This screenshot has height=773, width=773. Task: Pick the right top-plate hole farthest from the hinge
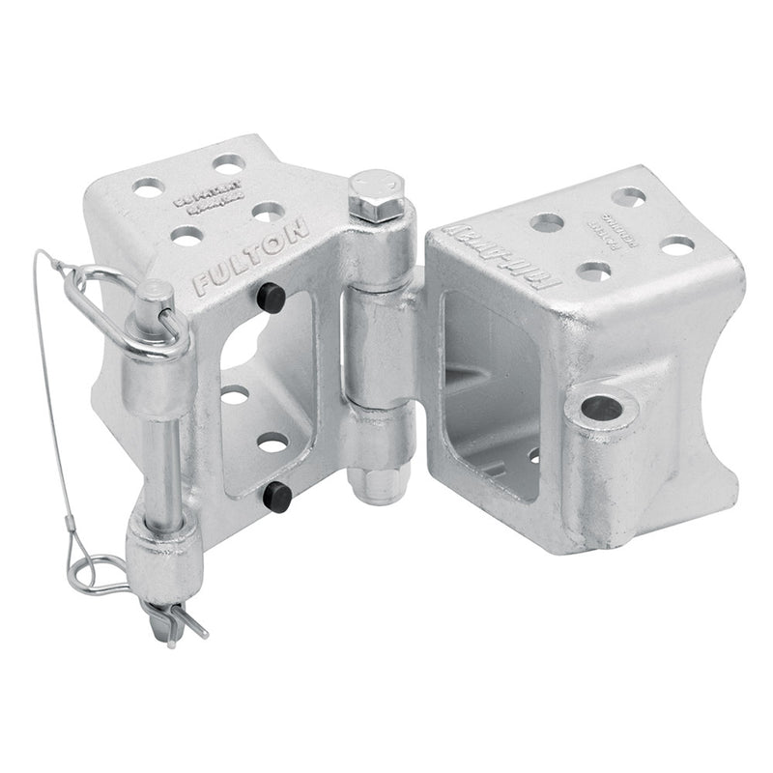(x=677, y=245)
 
